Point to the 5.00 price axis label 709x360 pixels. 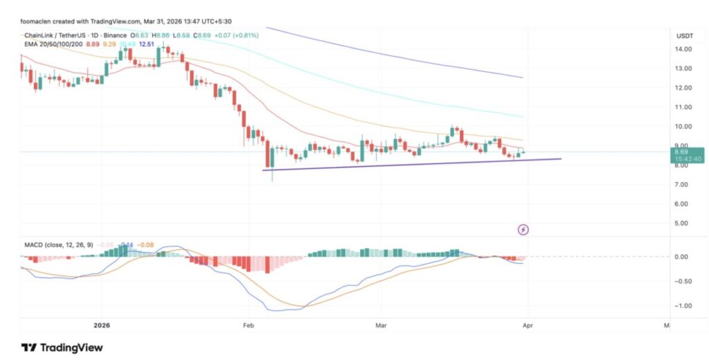(x=684, y=224)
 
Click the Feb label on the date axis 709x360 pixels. (x=247, y=324)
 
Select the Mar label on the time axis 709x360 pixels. (x=379, y=324)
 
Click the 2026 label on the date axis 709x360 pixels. (x=101, y=324)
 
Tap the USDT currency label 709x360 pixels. (x=685, y=35)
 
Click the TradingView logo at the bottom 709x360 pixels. (x=62, y=348)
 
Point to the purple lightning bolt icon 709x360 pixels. (x=523, y=229)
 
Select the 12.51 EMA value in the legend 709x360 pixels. (x=147, y=44)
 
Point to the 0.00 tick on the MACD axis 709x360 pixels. (x=683, y=257)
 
